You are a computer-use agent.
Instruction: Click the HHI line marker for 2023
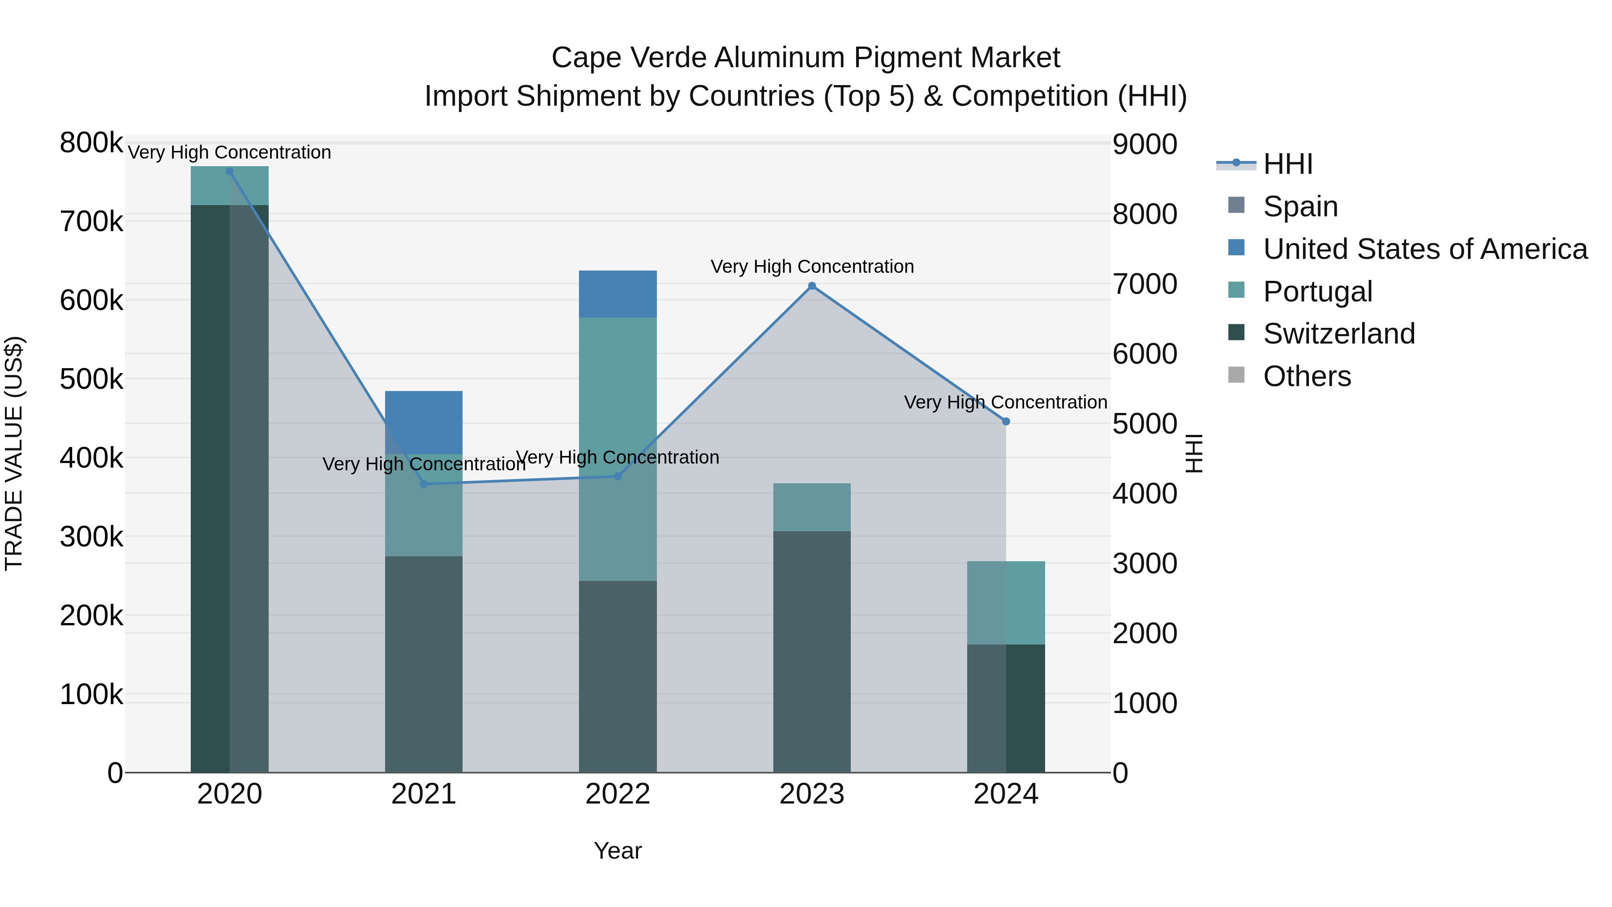point(812,286)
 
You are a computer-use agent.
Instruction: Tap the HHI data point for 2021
point(424,484)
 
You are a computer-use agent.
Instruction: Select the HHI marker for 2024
point(1006,422)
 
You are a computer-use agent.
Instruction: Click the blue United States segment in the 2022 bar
point(617,294)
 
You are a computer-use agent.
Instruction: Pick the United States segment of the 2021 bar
point(424,422)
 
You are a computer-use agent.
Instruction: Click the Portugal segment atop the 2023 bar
point(812,507)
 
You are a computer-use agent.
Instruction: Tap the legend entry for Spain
point(1300,206)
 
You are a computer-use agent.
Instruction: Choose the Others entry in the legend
point(1307,376)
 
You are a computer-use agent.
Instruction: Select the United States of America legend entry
point(1425,249)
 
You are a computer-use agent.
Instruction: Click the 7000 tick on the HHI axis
point(1145,284)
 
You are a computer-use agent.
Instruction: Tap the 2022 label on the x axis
point(617,794)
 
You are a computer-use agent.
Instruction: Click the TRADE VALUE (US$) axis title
point(14,453)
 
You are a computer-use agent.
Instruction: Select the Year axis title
point(617,851)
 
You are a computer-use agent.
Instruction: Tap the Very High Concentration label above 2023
point(812,267)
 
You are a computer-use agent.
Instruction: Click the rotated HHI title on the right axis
point(1194,453)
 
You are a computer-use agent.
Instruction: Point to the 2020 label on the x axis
point(230,794)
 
